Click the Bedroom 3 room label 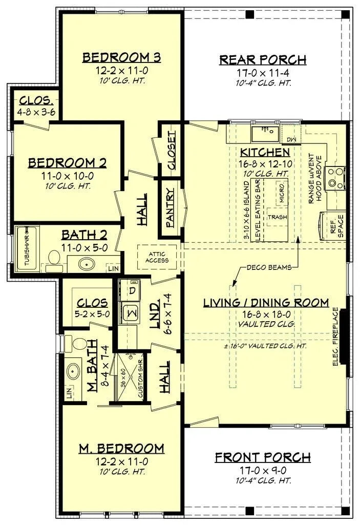(x=122, y=57)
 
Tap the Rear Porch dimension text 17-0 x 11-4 (x=263, y=73)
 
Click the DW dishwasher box (x=291, y=139)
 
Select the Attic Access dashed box (x=156, y=257)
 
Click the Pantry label (x=171, y=208)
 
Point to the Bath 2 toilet (x=54, y=258)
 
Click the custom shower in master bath (x=130, y=376)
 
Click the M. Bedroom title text (x=121, y=449)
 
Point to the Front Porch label (x=262, y=457)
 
